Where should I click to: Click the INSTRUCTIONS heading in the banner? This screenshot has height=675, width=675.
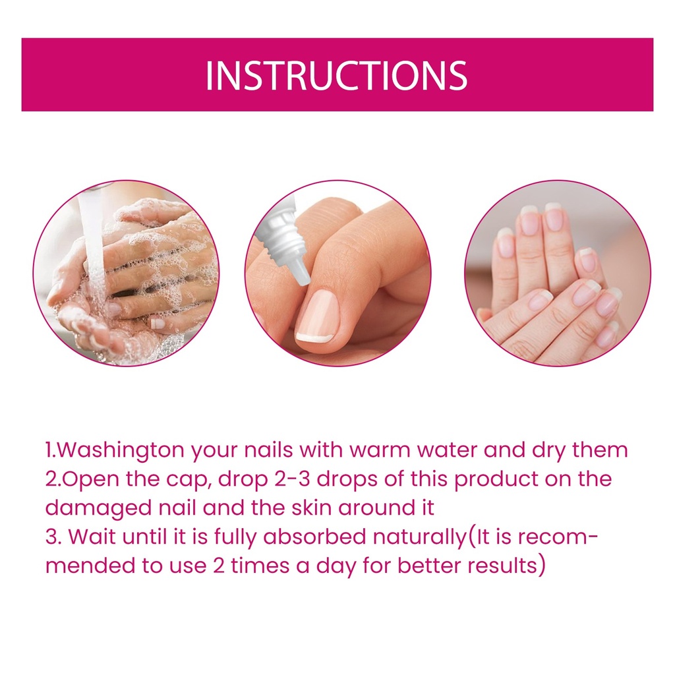pyautogui.click(x=336, y=76)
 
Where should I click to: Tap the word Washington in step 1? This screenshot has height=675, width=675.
pyautogui.click(x=120, y=451)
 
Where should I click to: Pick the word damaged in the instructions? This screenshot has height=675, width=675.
pyautogui.click(x=99, y=508)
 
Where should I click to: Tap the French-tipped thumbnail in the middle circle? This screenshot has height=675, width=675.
pyautogui.click(x=316, y=316)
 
